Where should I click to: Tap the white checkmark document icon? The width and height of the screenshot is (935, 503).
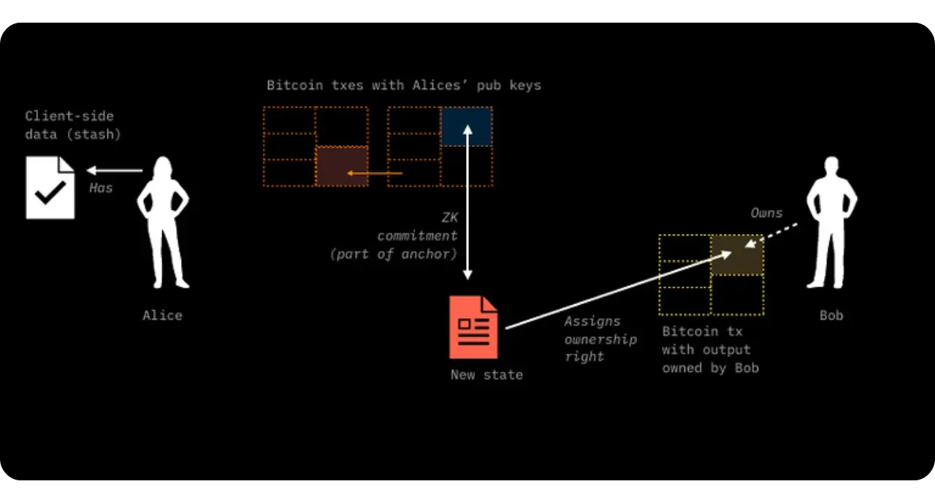click(x=50, y=188)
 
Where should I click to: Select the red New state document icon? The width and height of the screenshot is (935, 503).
click(x=473, y=327)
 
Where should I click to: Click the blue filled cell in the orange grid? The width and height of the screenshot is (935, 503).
click(x=467, y=126)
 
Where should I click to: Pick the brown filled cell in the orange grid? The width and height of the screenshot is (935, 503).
click(x=342, y=165)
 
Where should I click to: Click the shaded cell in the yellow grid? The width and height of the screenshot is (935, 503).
click(x=737, y=255)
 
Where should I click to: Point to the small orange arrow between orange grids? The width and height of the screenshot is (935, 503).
click(x=375, y=173)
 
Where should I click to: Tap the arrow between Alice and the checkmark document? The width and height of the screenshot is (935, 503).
click(x=115, y=170)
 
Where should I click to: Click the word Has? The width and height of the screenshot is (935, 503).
click(x=101, y=188)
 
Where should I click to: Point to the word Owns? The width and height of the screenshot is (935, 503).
click(x=766, y=213)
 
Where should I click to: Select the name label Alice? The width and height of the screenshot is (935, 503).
click(x=162, y=315)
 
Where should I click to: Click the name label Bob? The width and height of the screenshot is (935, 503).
click(x=831, y=315)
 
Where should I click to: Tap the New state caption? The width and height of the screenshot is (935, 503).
click(x=486, y=374)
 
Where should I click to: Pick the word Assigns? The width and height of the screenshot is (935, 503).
click(x=592, y=321)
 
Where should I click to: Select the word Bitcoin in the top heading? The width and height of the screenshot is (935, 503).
click(x=294, y=85)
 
